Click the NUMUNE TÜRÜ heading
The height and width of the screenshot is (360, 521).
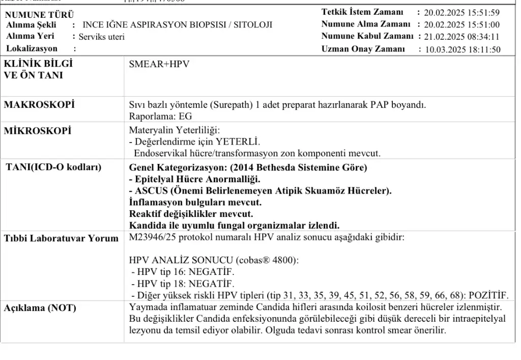(x=40, y=15)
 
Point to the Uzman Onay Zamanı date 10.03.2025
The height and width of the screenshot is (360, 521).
(x=445, y=49)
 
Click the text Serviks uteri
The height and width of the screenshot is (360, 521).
(x=101, y=37)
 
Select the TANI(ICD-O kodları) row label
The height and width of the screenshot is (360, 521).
(x=53, y=168)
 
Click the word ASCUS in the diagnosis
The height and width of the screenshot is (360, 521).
(x=152, y=190)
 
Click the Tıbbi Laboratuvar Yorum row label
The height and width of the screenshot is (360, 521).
(x=61, y=238)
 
